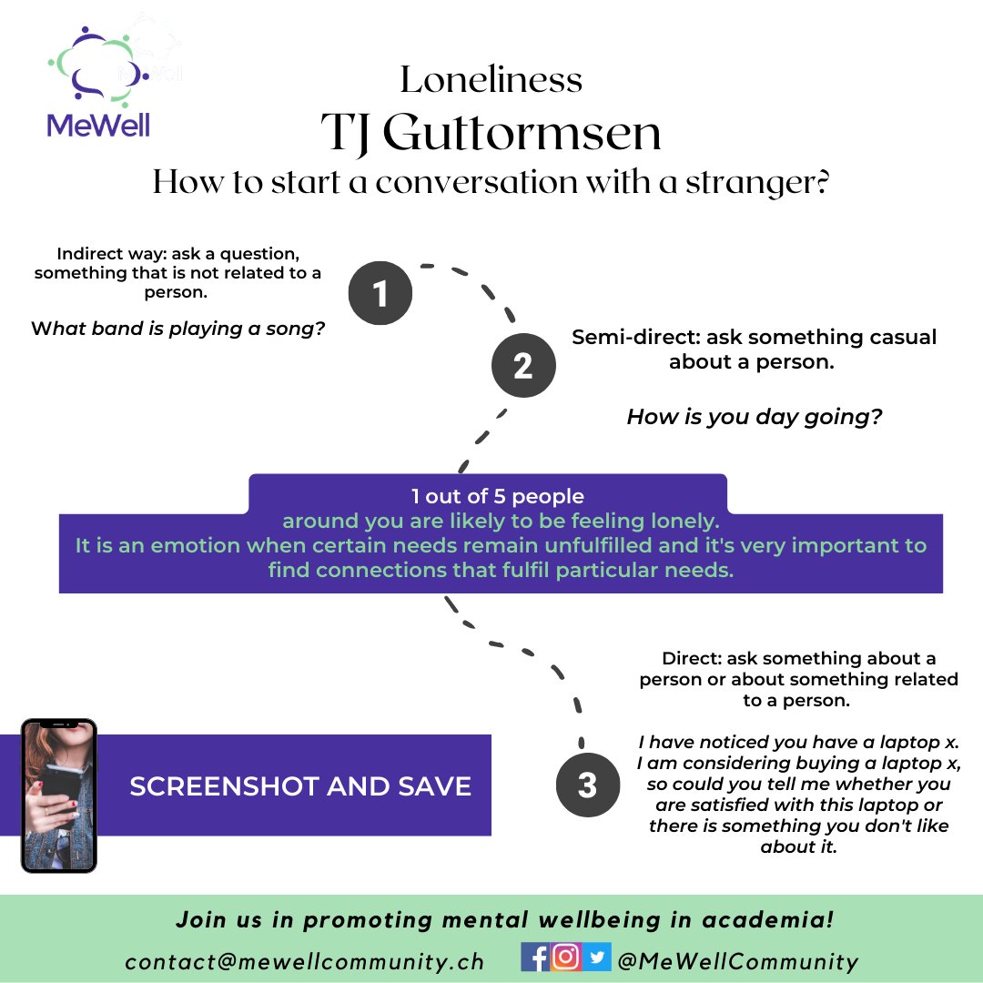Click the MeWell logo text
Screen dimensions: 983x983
(98, 124)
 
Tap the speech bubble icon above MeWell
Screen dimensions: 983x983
(98, 66)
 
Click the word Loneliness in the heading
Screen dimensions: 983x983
(491, 79)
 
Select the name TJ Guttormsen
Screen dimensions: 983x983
(491, 133)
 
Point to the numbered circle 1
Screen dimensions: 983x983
(380, 293)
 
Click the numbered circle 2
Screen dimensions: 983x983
(523, 365)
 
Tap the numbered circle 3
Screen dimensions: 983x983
(587, 785)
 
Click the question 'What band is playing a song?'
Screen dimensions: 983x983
(178, 329)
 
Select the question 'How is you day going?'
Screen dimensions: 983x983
(755, 417)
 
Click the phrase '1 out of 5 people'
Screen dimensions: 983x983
(498, 496)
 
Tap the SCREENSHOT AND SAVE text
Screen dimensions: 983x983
(300, 786)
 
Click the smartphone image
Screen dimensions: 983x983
(59, 796)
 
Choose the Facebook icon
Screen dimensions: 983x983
(535, 958)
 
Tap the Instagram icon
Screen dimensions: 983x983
(565, 957)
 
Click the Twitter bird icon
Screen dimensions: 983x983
(597, 957)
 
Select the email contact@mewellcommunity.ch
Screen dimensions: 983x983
(305, 962)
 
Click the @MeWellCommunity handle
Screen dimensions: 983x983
(738, 961)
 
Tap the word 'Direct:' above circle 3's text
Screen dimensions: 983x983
(692, 658)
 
